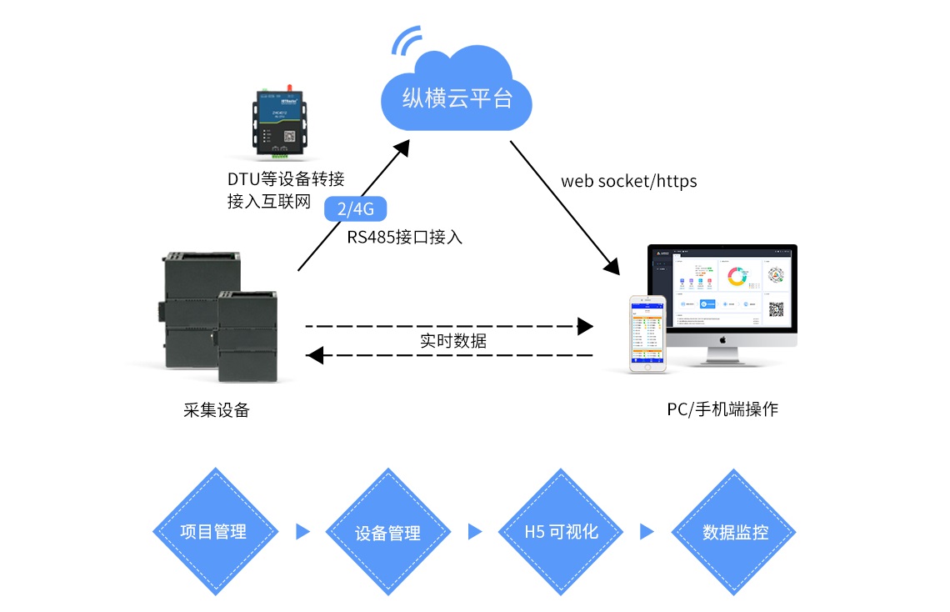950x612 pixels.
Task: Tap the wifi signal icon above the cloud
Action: point(407,41)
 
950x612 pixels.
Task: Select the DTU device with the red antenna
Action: point(280,123)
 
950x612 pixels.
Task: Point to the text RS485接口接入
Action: point(405,237)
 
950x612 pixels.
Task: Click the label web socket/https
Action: point(628,181)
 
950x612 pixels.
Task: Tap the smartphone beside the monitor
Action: point(647,333)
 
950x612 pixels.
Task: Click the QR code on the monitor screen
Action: point(777,309)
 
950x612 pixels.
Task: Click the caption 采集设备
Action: point(217,409)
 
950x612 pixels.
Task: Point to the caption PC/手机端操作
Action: point(722,409)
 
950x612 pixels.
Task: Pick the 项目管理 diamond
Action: point(214,532)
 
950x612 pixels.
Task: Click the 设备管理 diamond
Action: point(387,532)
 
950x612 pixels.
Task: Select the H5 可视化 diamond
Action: point(561,532)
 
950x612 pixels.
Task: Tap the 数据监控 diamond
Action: point(735,532)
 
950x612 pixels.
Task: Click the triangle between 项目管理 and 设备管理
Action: point(302,532)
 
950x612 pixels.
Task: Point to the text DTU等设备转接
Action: point(285,179)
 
